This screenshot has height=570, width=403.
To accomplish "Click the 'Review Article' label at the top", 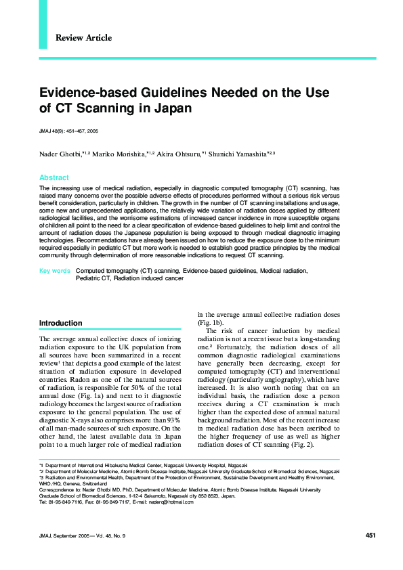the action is (x=84, y=38).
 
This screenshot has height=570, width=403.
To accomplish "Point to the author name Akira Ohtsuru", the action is (x=177, y=154).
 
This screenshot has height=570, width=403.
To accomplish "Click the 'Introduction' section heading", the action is (x=60, y=323).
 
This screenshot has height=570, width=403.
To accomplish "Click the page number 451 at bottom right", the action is (x=370, y=535).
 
